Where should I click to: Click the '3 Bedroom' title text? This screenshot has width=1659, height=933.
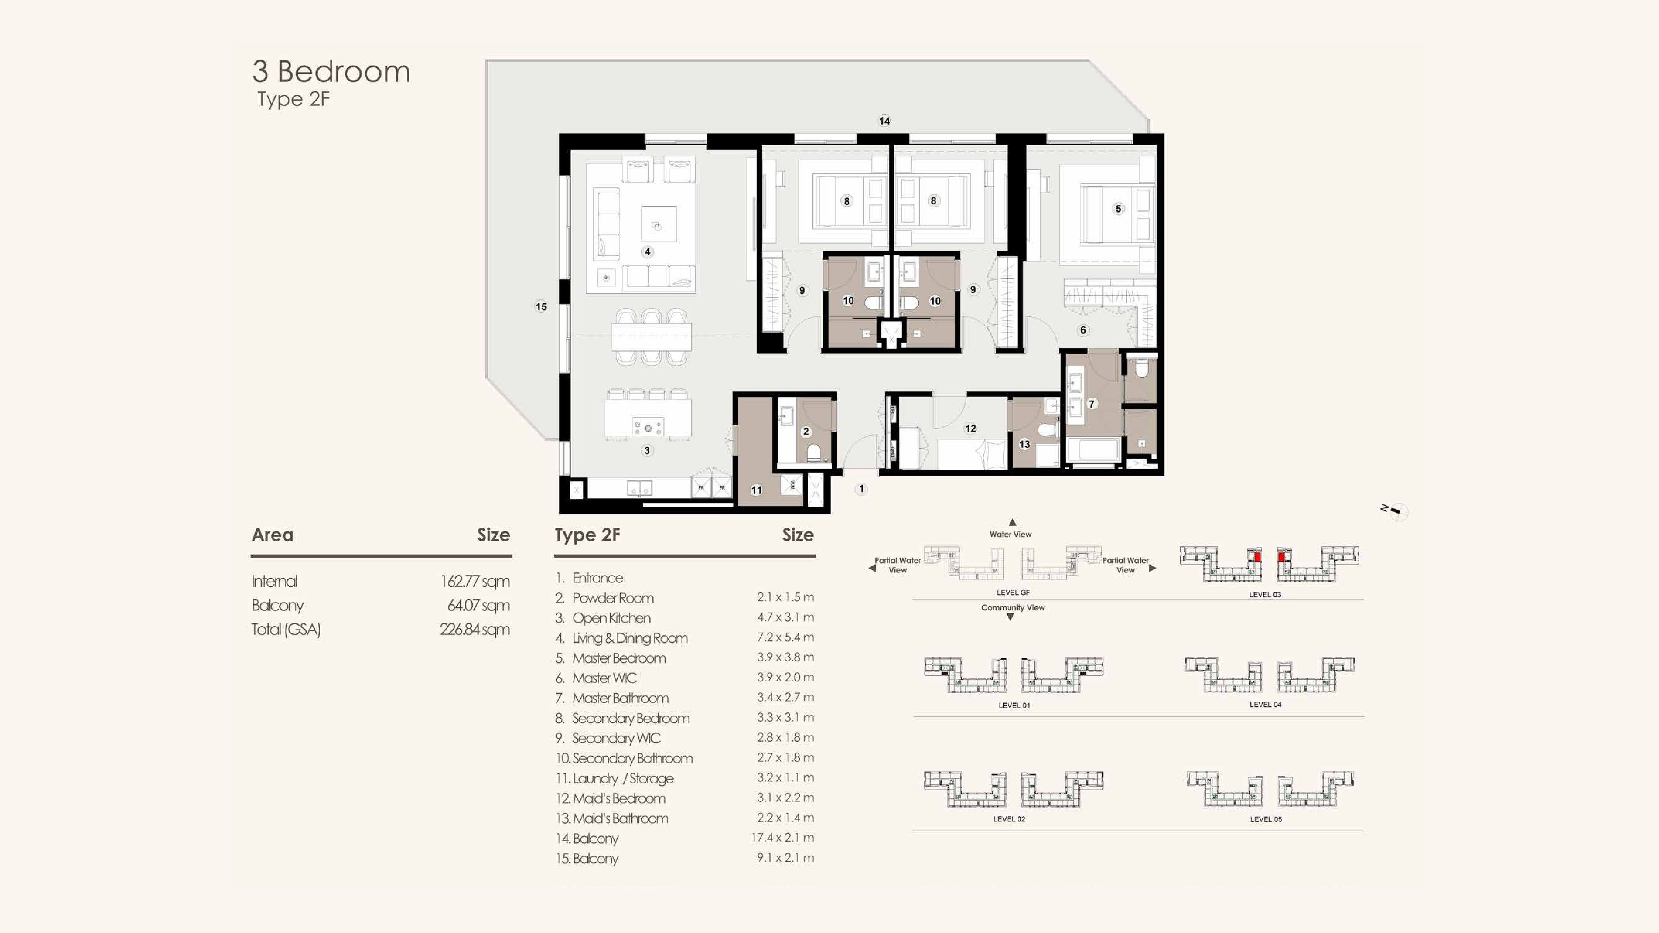pos(331,71)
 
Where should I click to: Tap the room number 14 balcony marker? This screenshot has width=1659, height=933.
pos(884,121)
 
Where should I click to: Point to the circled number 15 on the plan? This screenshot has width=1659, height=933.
pos(541,307)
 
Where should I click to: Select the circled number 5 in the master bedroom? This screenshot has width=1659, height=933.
pos(1118,209)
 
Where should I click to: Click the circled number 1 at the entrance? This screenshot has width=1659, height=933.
pos(861,489)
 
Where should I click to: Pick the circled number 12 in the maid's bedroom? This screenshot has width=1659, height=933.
pos(970,428)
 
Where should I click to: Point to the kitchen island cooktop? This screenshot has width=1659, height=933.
pos(648,426)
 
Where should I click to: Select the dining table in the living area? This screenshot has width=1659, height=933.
pos(651,336)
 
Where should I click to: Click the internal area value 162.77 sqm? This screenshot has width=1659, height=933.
pos(475,581)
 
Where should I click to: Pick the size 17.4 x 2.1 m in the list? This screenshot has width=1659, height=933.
pos(782,838)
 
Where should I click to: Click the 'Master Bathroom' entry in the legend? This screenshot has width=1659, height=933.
pos(620,698)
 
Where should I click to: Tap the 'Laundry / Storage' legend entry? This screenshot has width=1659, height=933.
pos(623,778)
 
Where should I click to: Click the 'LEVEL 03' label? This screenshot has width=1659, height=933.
pos(1265,594)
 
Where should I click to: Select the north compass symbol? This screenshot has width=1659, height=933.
pos(1395,511)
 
